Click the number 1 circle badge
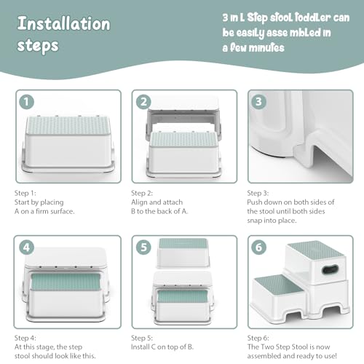(x=26, y=102)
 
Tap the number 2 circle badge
(x=143, y=102)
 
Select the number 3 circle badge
(x=258, y=102)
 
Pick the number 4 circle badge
(x=26, y=248)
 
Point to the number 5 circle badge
(x=143, y=248)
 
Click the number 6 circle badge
(x=258, y=248)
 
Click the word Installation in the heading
(x=64, y=23)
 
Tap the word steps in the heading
(x=38, y=46)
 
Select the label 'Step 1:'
(x=25, y=193)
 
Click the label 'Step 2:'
(x=142, y=193)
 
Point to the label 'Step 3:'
(x=258, y=193)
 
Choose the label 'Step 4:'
(x=25, y=338)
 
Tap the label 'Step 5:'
(x=142, y=338)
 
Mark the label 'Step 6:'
(x=258, y=338)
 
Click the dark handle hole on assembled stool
(x=330, y=269)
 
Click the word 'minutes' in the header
(x=266, y=47)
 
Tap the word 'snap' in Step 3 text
(x=255, y=221)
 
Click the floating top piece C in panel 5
(x=183, y=253)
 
